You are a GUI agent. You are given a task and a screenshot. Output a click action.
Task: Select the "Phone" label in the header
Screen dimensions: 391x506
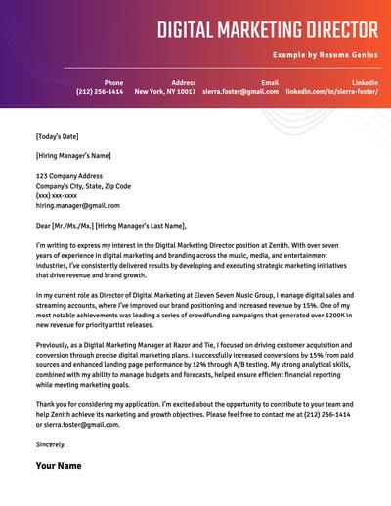tap(113, 82)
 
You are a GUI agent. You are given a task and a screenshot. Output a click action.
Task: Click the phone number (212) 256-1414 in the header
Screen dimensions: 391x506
tap(101, 92)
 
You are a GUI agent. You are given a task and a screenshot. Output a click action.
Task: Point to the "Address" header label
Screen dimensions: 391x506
tap(183, 82)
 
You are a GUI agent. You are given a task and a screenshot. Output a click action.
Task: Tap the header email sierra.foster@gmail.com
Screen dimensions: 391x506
tap(245, 92)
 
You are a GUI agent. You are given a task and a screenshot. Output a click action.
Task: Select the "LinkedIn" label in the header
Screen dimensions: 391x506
tap(366, 82)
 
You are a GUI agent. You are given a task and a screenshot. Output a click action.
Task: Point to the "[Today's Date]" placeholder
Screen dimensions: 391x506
tap(58, 136)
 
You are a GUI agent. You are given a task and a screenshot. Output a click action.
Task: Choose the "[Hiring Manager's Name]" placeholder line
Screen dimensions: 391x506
tap(73, 155)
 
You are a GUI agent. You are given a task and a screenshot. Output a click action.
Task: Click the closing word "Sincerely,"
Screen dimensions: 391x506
tap(51, 444)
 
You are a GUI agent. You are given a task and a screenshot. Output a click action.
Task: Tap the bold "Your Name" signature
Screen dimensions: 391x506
tap(59, 466)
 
